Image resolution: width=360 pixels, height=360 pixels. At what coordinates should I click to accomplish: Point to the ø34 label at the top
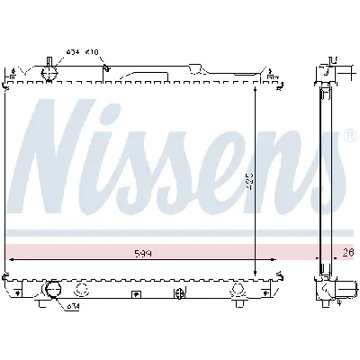pos(72,52)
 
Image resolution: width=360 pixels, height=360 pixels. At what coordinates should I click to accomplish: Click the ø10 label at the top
pos(93,52)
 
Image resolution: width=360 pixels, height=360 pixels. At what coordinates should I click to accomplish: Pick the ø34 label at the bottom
pos(72,307)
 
